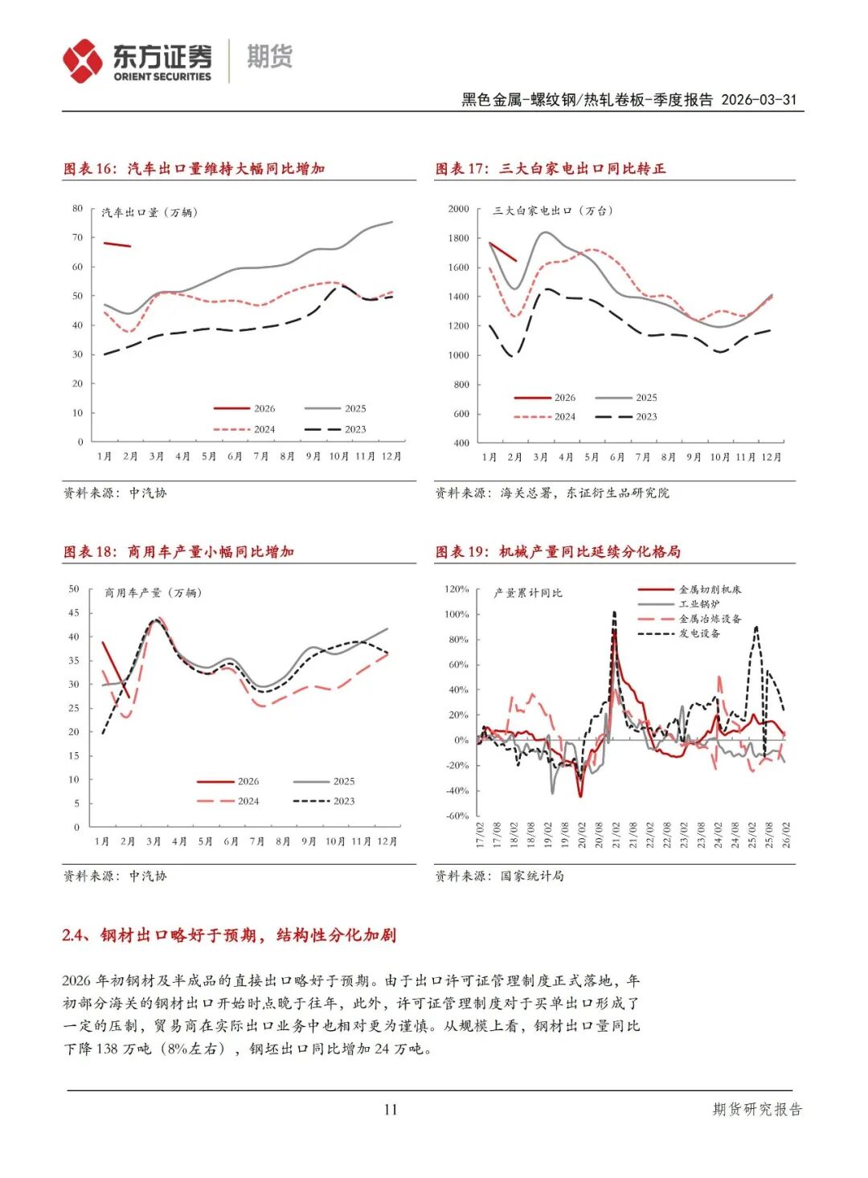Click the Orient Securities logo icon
pos(83,60)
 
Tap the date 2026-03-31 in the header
pos(759,100)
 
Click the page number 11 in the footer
pos(391,1110)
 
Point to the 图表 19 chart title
pos(558,552)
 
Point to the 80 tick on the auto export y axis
pos(78,209)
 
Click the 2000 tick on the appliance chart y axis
pos(458,209)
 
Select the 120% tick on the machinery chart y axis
pos(457,590)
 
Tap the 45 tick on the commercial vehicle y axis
pos(74,613)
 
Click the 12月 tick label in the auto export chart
pos(391,456)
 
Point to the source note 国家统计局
pos(532,876)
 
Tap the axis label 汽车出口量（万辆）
pos(149,213)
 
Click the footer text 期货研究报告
pos(757,1110)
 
